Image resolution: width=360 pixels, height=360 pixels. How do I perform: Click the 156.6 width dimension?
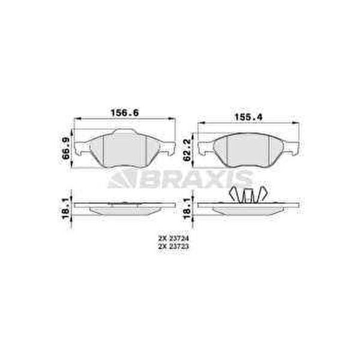125,113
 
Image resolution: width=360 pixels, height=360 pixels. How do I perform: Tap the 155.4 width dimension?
248,118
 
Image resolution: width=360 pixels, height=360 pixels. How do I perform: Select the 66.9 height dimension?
66,149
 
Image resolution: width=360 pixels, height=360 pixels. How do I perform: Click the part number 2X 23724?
173,239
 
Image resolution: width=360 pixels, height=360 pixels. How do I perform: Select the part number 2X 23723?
173,247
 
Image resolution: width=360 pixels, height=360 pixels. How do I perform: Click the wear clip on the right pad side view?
248,195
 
